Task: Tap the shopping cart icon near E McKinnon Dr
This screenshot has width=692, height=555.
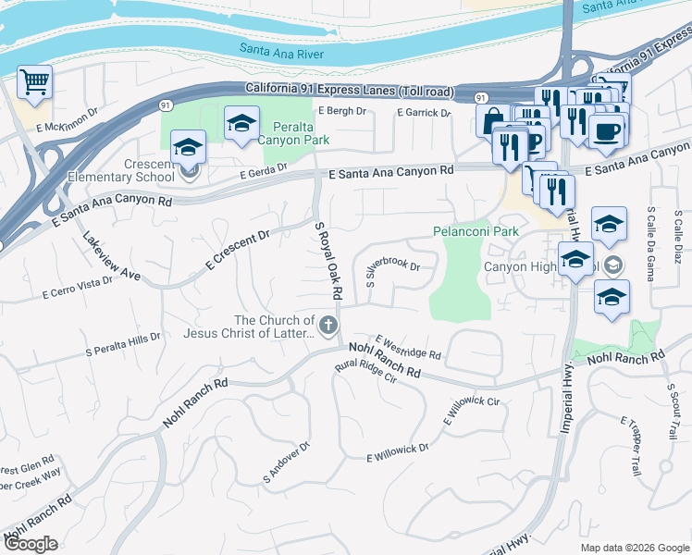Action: pos(34,82)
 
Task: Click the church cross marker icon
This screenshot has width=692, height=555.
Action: pos(327,325)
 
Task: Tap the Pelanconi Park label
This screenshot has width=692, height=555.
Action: pos(476,230)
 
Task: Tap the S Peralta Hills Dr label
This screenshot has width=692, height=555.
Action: pos(123,344)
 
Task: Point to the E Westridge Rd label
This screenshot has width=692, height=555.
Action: pos(408,348)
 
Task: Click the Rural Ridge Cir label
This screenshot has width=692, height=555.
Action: pos(365,377)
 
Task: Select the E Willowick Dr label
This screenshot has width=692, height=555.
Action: pos(398,452)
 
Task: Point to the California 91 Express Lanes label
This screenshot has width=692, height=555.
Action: pos(350,90)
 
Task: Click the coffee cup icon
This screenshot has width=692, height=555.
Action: pos(606,130)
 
